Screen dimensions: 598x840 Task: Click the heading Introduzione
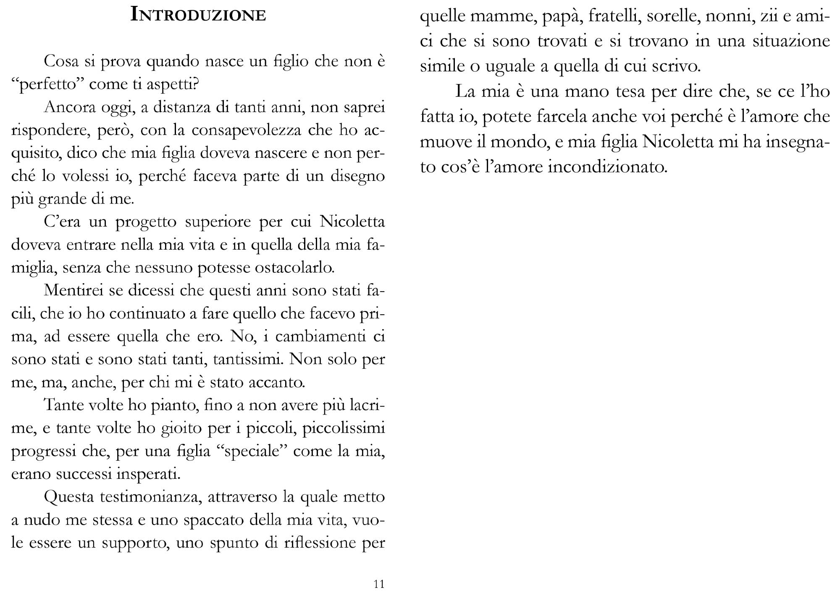[198, 15]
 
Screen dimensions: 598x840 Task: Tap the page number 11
[379, 584]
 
